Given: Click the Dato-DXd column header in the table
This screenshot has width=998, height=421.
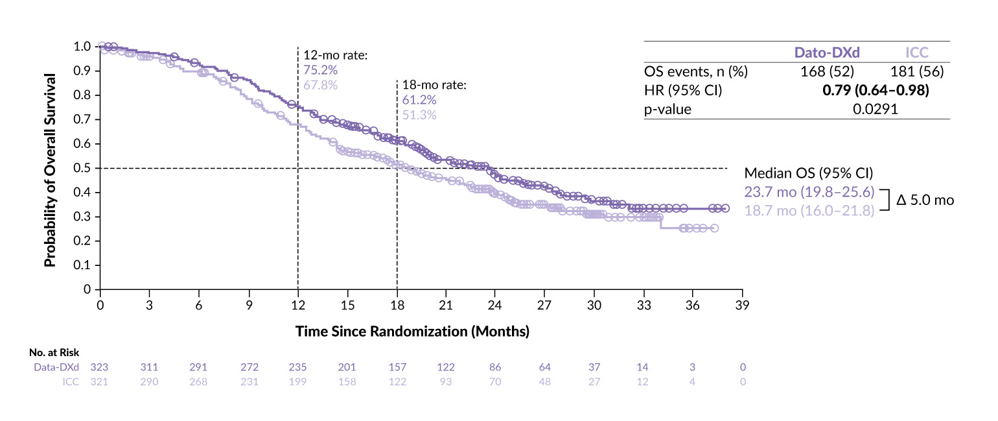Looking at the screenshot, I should point(827,53).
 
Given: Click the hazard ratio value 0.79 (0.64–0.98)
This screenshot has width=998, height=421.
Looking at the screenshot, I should point(875,90).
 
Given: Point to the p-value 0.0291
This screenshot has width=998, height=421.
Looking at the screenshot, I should point(875,109).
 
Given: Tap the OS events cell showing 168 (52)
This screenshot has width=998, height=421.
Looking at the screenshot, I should point(828,71).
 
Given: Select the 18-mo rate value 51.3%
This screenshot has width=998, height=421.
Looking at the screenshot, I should point(419,115).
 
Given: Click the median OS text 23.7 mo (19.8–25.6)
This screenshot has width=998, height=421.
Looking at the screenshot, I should point(809,192).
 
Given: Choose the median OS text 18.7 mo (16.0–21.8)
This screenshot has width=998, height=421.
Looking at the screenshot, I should point(809,210).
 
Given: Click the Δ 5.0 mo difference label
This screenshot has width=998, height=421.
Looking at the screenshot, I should point(925,200).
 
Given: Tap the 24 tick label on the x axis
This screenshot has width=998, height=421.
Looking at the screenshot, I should point(495,305).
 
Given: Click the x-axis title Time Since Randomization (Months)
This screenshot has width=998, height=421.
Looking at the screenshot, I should point(412,331).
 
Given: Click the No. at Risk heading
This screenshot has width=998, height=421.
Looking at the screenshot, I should point(54,354).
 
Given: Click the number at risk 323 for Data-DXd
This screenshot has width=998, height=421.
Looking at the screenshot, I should point(100,367).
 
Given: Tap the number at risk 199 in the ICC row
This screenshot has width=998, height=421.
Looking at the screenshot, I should point(297,381).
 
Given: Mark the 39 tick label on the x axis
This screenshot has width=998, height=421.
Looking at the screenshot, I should point(742,305).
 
